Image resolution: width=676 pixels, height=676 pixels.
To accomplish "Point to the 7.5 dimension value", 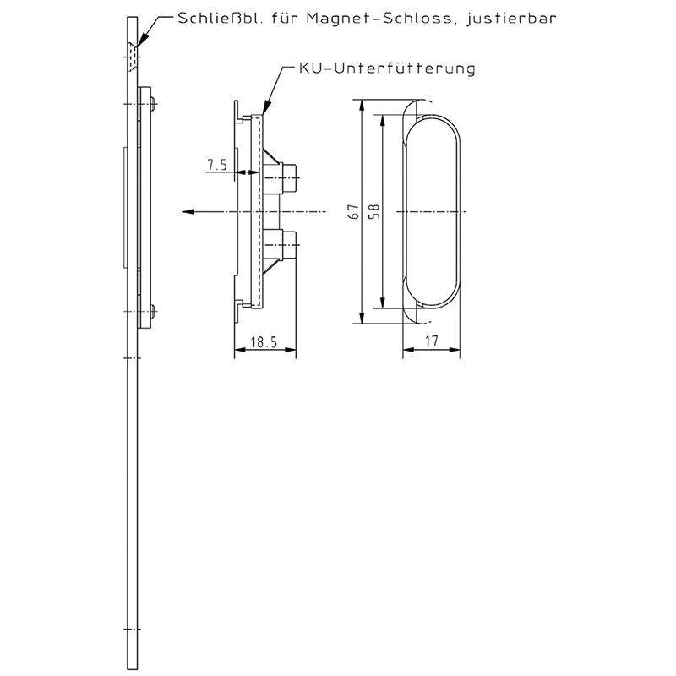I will (x=217, y=166).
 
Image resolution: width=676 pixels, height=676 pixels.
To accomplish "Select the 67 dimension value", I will (x=356, y=212).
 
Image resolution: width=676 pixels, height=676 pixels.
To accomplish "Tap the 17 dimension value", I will (x=432, y=343).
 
